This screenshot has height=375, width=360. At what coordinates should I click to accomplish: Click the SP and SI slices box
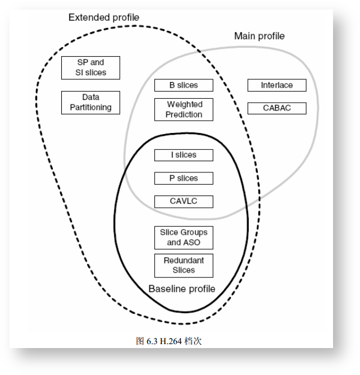pyautogui.click(x=90, y=67)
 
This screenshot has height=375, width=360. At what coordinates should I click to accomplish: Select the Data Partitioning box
pyautogui.click(x=90, y=102)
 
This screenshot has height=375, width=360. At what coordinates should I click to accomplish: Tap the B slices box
pyautogui.click(x=184, y=85)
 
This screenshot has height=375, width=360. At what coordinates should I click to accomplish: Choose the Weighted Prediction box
pyautogui.click(x=184, y=109)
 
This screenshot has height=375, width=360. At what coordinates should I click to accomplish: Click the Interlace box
pyautogui.click(x=277, y=85)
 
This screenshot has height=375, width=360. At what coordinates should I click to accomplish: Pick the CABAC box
pyautogui.click(x=277, y=108)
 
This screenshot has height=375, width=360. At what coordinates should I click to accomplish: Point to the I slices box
pyautogui.click(x=184, y=155)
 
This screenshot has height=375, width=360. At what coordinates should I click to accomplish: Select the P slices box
pyautogui.click(x=184, y=179)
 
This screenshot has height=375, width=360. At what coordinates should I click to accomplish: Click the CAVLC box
pyautogui.click(x=184, y=201)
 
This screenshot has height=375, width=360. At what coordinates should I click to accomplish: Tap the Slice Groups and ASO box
pyautogui.click(x=184, y=237)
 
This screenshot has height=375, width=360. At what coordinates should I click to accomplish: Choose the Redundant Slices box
pyautogui.click(x=184, y=266)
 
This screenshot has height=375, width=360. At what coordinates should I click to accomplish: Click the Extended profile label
pyautogui.click(x=103, y=18)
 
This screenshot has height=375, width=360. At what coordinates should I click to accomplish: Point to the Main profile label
pyautogui.click(x=259, y=36)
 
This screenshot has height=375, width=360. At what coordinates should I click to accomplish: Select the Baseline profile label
pyautogui.click(x=181, y=289)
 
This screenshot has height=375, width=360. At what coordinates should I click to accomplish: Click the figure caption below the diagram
pyautogui.click(x=168, y=341)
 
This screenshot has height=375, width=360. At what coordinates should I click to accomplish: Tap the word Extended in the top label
pyautogui.click(x=88, y=18)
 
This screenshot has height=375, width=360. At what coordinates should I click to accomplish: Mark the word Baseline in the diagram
pyautogui.click(x=166, y=289)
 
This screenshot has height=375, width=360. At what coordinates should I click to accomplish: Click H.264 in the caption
pyautogui.click(x=170, y=341)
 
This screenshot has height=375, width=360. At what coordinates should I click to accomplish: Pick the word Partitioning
pyautogui.click(x=90, y=107)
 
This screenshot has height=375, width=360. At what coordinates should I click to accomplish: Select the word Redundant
pyautogui.click(x=184, y=260)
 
